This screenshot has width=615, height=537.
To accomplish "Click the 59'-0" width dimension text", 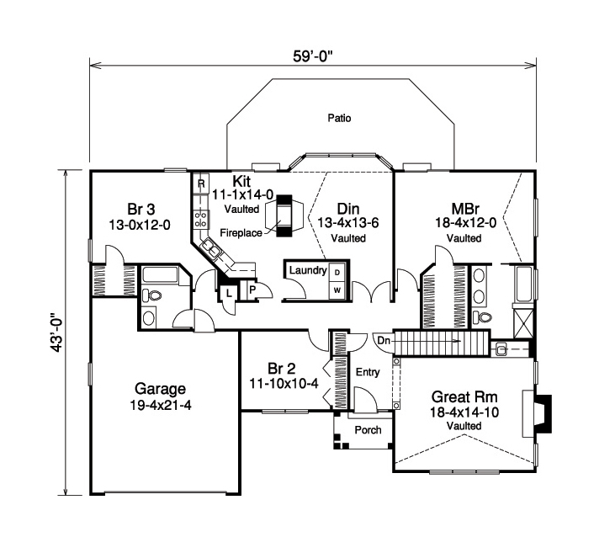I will pyautogui.click(x=312, y=56).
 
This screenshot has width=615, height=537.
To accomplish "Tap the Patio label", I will pyautogui.click(x=339, y=119).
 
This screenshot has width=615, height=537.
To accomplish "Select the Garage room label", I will pyautogui.click(x=159, y=390).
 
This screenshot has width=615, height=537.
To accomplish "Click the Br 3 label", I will pyautogui.click(x=141, y=208).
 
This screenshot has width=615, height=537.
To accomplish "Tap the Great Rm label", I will pyautogui.click(x=464, y=396).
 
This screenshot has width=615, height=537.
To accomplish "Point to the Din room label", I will pyautogui.click(x=347, y=208).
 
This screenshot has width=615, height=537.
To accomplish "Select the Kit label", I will pyautogui.click(x=242, y=180).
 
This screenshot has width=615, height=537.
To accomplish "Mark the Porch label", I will pyautogui.click(x=367, y=430).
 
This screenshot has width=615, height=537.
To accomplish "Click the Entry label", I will pyautogui.click(x=368, y=371).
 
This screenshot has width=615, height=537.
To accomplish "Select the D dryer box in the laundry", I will pyautogui.click(x=337, y=273).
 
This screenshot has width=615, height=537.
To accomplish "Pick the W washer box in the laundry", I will pyautogui.click(x=337, y=290).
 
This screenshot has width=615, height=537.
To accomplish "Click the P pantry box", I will pyautogui.click(x=252, y=290).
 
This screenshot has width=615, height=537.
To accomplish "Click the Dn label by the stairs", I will pyautogui.click(x=383, y=340).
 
